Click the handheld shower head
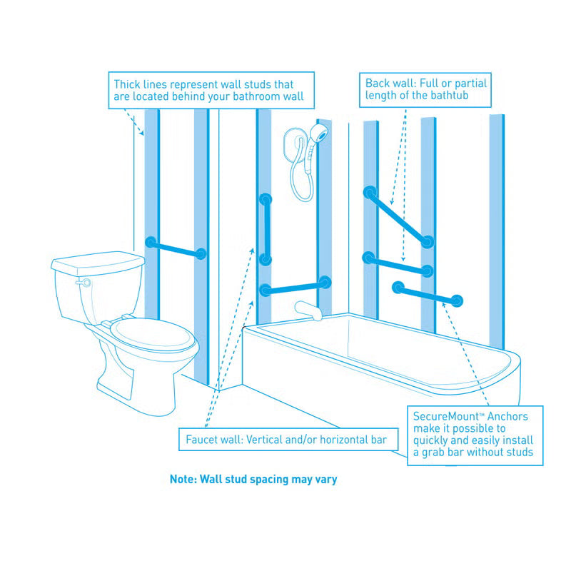pyautogui.click(x=322, y=133)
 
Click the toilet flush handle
pyautogui.click(x=84, y=283)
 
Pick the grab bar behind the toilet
pyautogui.click(x=176, y=248)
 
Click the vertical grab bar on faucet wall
pyautogui.click(x=266, y=229)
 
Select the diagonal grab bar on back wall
pyautogui.click(x=398, y=217)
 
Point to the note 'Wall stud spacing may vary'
pyautogui.click(x=253, y=480)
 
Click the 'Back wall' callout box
pyautogui.click(x=426, y=89)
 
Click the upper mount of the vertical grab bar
pyautogui.click(x=266, y=199)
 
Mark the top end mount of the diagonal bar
pyautogui.click(x=369, y=192)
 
